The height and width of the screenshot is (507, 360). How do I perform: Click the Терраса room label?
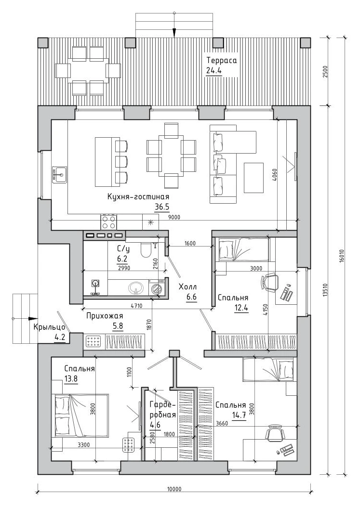point(222,61)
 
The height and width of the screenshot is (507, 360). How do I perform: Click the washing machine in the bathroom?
point(157,287)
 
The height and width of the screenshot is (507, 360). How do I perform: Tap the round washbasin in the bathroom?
point(136,287)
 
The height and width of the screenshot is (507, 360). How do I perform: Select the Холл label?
point(188,287)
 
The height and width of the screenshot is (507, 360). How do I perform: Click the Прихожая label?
point(105,316)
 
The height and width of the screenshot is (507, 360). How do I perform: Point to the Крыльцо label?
point(50,327)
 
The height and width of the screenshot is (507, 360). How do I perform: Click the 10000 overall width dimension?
point(174,489)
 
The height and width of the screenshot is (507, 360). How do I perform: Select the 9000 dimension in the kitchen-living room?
point(174,217)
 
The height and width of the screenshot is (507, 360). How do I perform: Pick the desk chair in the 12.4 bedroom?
point(270,283)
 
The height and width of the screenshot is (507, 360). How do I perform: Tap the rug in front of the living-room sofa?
point(253,178)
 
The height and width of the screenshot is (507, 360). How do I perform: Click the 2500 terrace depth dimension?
point(325,71)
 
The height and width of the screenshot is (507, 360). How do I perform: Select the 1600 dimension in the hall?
point(190,244)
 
